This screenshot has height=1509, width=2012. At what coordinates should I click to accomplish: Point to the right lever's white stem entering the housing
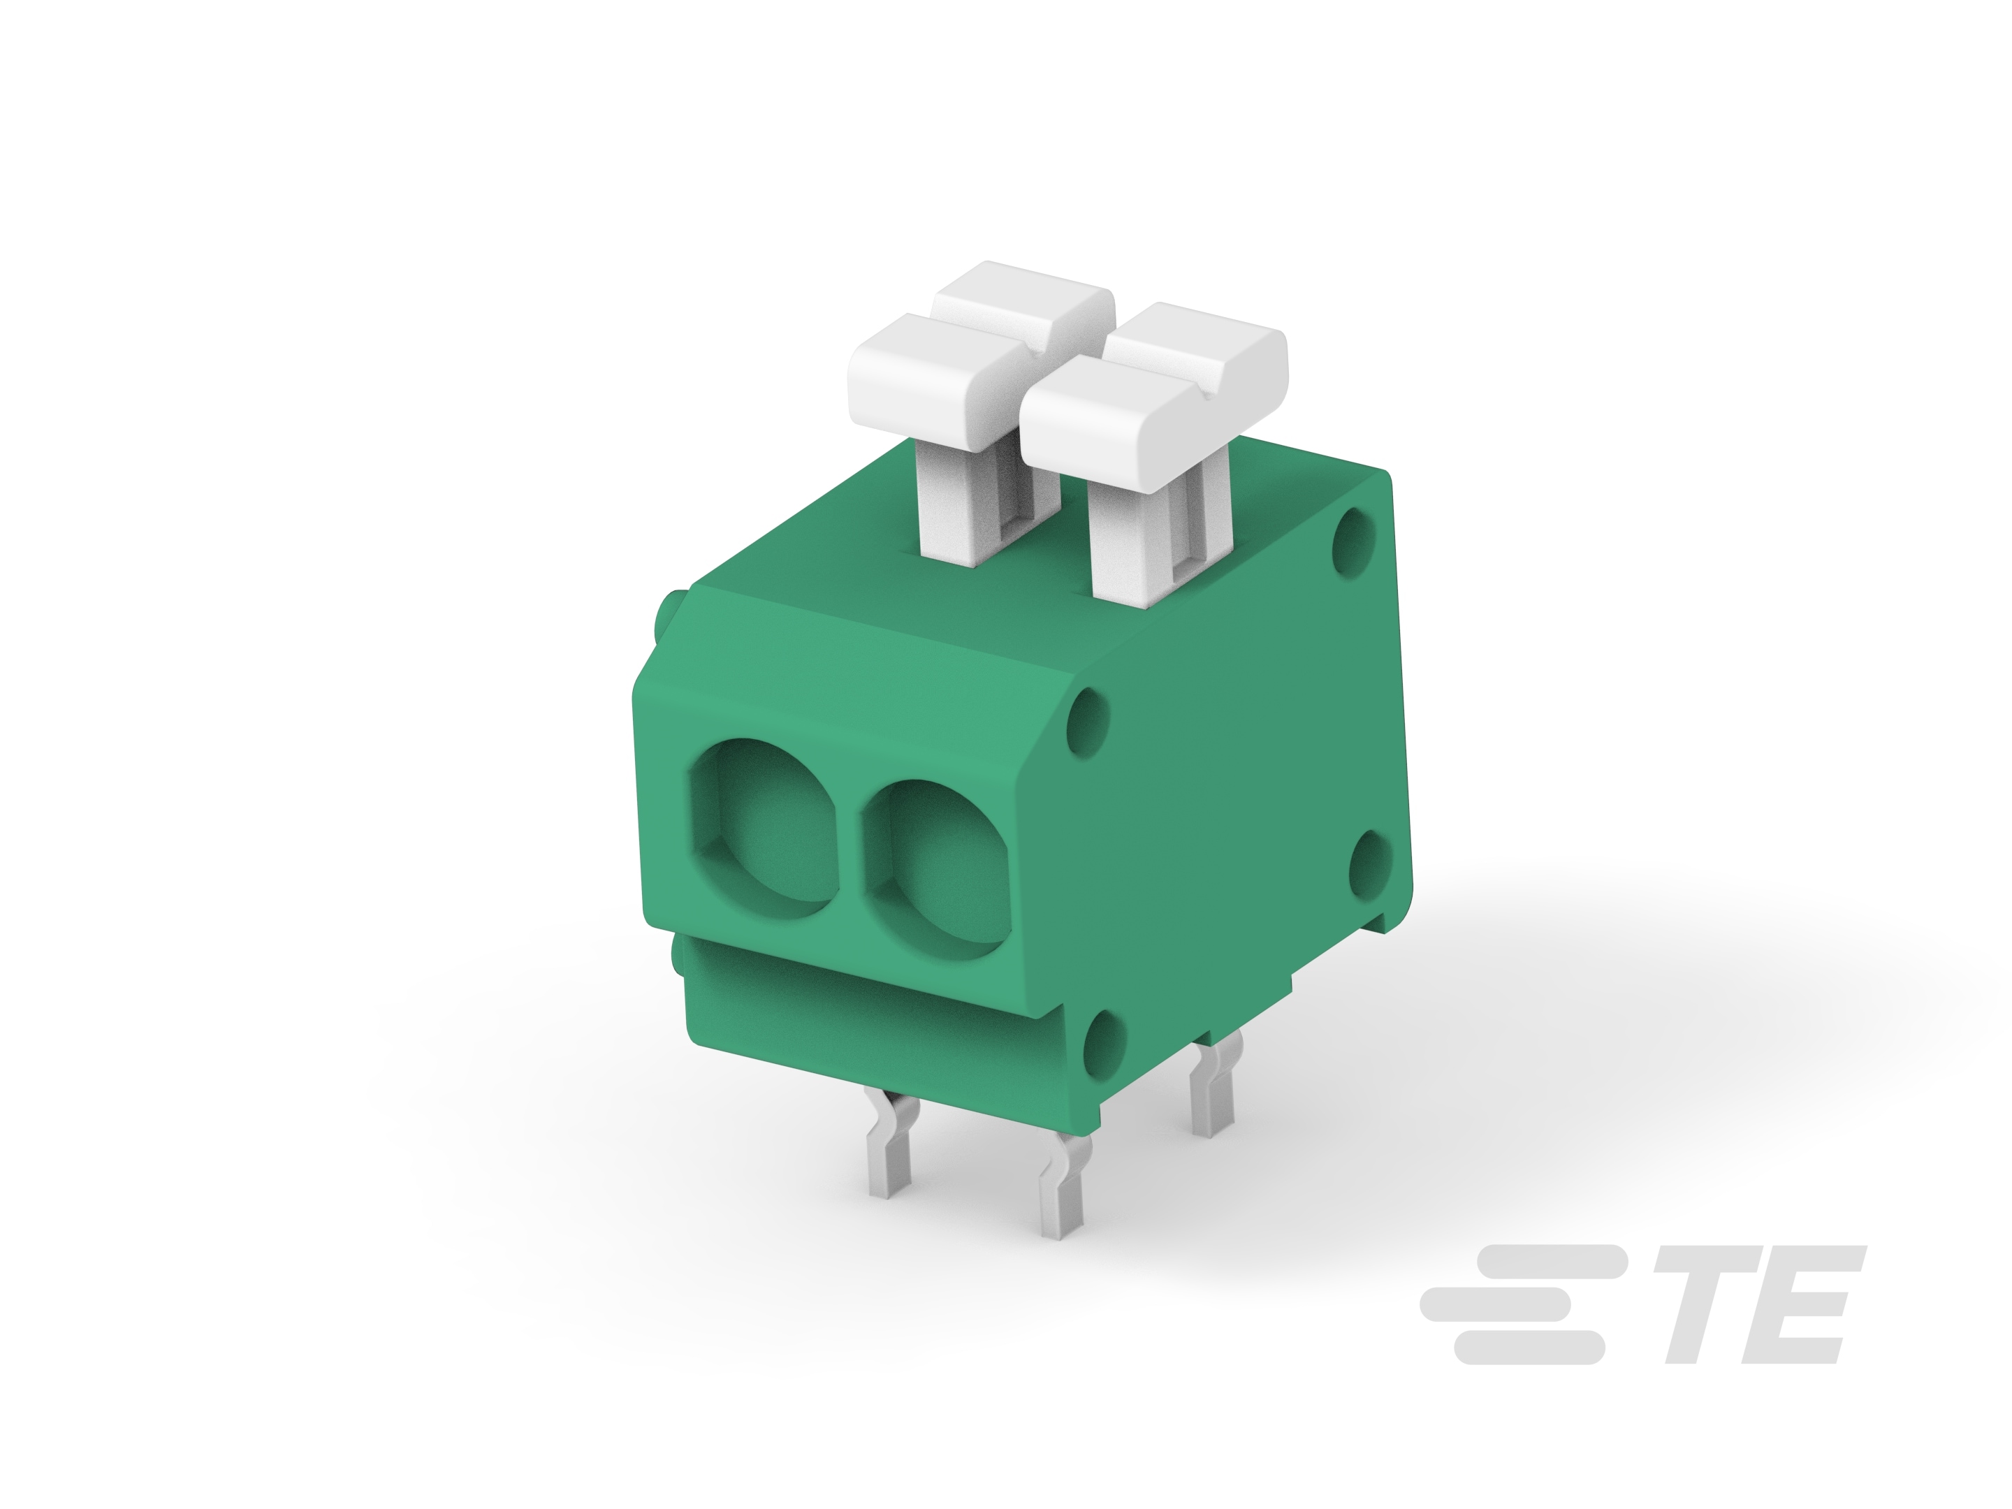click(x=1128, y=546)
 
